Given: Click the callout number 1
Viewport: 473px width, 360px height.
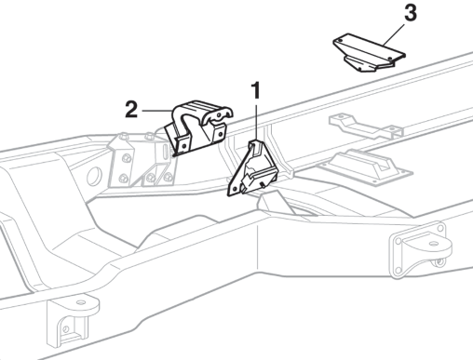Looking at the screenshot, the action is pyautogui.click(x=255, y=90).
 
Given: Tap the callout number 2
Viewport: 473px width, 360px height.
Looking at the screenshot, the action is pyautogui.click(x=131, y=109).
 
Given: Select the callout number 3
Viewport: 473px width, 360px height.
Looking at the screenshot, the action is pyautogui.click(x=411, y=13).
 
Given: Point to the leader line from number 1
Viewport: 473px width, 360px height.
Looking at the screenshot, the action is pyautogui.click(x=256, y=122).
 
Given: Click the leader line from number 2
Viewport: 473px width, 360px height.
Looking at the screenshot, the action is pyautogui.click(x=157, y=111).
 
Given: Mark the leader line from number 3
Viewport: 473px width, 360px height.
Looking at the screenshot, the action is pyautogui.click(x=394, y=34).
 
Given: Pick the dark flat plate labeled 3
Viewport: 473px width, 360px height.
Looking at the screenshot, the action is pyautogui.click(x=369, y=53).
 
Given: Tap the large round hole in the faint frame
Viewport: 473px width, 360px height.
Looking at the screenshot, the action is pyautogui.click(x=94, y=176).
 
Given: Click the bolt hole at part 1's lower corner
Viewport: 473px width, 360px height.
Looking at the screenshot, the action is pyautogui.click(x=235, y=188).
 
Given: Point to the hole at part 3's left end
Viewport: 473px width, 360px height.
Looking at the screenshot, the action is pyautogui.click(x=340, y=41).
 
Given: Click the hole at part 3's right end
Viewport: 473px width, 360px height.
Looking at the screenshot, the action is pyautogui.click(x=390, y=58).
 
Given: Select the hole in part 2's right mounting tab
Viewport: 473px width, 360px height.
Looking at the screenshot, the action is pyautogui.click(x=221, y=134).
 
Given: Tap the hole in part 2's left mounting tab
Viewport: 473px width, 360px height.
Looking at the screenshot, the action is pyautogui.click(x=184, y=145).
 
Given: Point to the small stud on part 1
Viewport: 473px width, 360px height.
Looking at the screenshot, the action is pyautogui.click(x=263, y=185).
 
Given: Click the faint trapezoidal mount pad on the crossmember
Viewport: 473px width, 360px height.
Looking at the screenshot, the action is pyautogui.click(x=365, y=166).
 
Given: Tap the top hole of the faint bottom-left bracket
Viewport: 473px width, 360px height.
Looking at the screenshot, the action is pyautogui.click(x=80, y=302).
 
